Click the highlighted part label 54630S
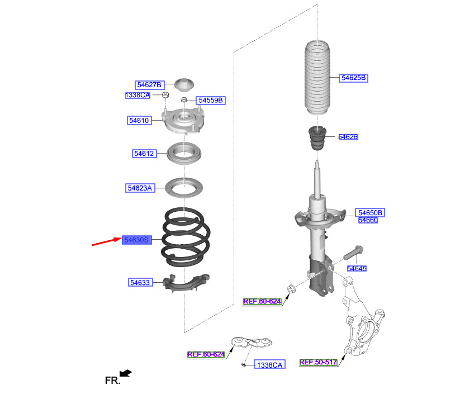[x=137, y=240]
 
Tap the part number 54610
[x=139, y=120]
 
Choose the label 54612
[x=143, y=153]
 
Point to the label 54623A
[x=139, y=188]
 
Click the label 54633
[x=140, y=283]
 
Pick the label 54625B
[x=353, y=78]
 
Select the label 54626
[x=348, y=137]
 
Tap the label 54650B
[x=370, y=213]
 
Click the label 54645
[x=357, y=269]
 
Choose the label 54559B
[x=210, y=101]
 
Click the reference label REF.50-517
[x=318, y=362]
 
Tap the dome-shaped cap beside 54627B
[x=184, y=85]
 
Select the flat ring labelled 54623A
[x=184, y=188]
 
